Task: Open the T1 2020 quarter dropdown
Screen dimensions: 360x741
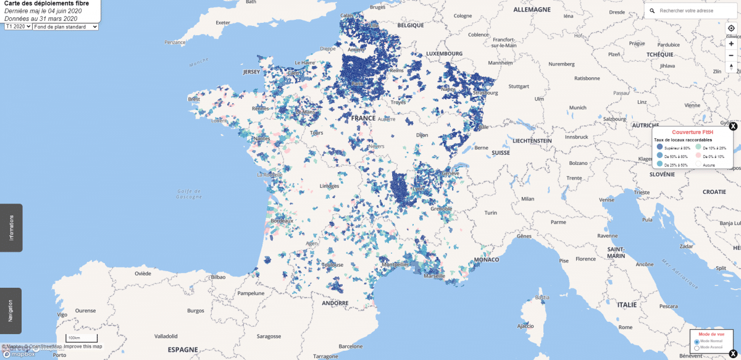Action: (17, 27)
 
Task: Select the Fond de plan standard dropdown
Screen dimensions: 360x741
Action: (65, 27)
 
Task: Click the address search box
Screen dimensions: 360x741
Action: (692, 11)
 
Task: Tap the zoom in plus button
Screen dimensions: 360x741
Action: (731, 44)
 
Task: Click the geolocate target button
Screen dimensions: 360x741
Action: (731, 28)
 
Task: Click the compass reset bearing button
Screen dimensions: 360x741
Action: (731, 66)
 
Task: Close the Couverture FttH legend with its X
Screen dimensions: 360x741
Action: (733, 127)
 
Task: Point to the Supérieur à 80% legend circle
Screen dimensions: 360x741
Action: (659, 148)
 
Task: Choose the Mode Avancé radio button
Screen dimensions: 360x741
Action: (697, 348)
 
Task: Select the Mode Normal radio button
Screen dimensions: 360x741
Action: (697, 341)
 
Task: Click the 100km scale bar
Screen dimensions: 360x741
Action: (82, 339)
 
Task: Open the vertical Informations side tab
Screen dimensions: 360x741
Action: (11, 228)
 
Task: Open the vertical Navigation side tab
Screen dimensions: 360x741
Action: (11, 311)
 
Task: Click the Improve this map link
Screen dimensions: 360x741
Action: (83, 346)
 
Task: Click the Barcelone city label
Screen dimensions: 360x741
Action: (351, 346)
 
